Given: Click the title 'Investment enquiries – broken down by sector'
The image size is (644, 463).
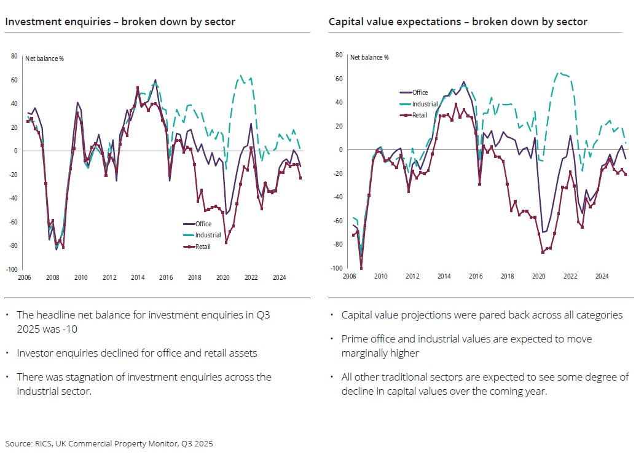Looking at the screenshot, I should [x=120, y=22].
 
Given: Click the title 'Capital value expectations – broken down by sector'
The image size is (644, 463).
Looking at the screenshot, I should [x=458, y=22].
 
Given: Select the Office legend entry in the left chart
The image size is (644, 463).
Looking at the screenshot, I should [x=203, y=224].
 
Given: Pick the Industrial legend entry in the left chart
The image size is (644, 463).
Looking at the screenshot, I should [x=208, y=235].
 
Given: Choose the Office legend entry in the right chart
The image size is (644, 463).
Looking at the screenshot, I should [x=420, y=93].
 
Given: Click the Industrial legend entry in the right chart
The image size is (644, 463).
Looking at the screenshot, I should [x=425, y=104].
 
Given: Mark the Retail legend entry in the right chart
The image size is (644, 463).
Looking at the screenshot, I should [x=420, y=115].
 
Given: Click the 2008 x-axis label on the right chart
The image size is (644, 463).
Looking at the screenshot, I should [x=350, y=276].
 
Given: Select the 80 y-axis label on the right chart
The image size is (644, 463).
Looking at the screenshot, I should [x=338, y=55].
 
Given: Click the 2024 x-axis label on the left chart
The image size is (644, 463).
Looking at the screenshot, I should [x=279, y=277].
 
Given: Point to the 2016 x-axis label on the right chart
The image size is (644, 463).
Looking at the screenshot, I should [x=476, y=276].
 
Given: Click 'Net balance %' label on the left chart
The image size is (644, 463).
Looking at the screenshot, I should [x=44, y=59].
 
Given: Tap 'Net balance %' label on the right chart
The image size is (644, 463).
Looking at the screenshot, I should [x=369, y=58].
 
